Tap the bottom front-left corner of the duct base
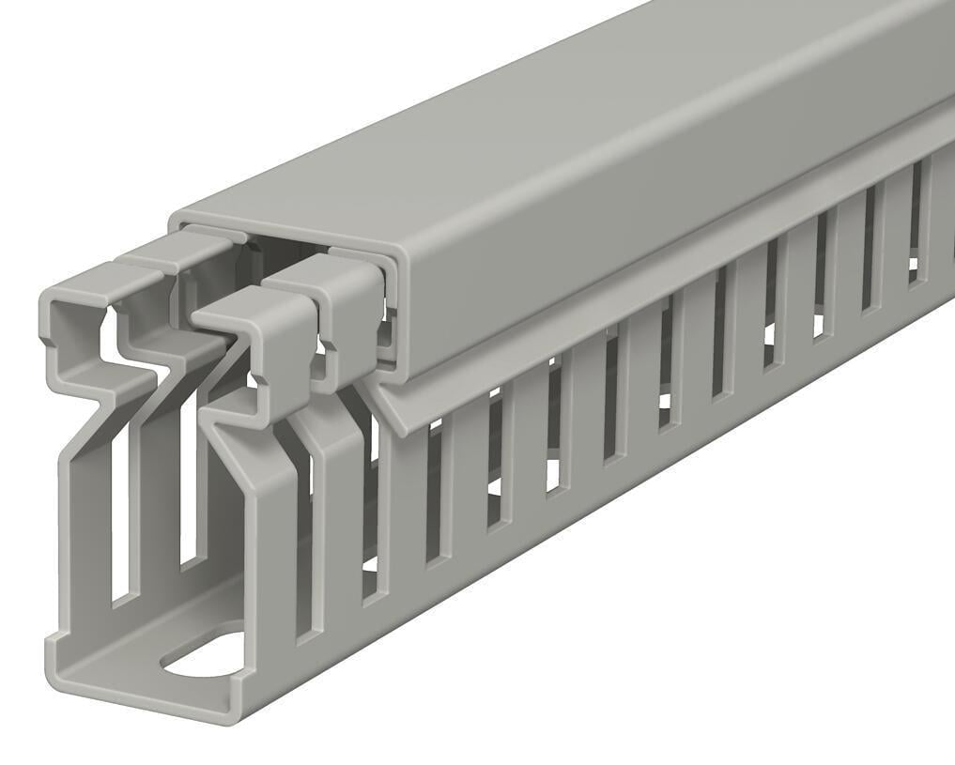click(x=53, y=648)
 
